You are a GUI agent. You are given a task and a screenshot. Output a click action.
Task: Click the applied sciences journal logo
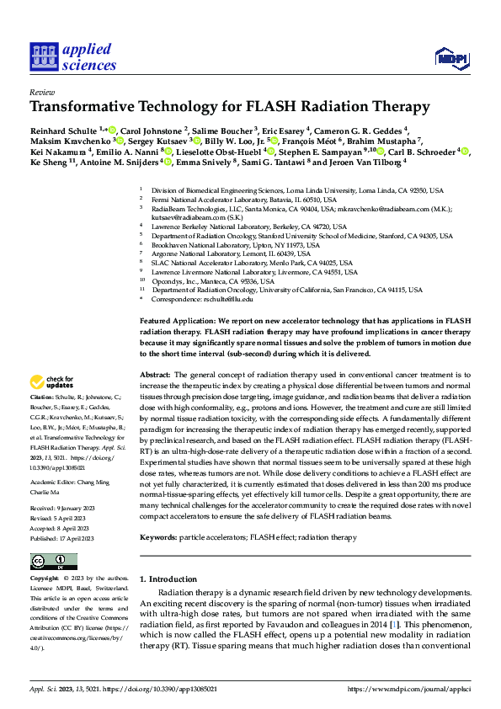click(73, 56)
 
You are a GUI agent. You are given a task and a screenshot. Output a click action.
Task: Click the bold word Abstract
click(155, 374)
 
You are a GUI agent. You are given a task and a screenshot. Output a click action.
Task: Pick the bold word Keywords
click(159, 514)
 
